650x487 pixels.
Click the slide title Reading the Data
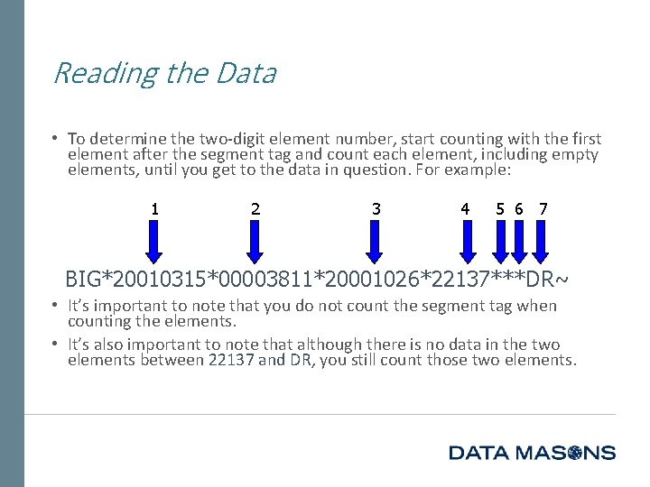tap(164, 73)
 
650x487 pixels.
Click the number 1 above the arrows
tap(155, 209)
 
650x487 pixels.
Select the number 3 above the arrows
tap(376, 209)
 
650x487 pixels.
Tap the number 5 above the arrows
tap(500, 209)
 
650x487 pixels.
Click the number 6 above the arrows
tap(519, 209)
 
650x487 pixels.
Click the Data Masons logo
tap(532, 453)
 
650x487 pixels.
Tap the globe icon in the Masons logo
tap(572, 453)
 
